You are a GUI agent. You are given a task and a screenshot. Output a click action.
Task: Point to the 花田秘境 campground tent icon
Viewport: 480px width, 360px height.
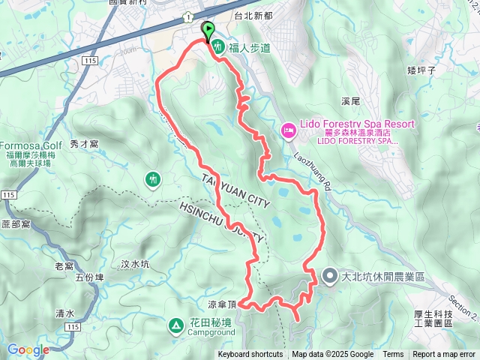(x=174, y=325)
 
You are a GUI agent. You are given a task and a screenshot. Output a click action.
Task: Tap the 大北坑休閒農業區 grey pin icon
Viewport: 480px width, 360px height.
(x=330, y=277)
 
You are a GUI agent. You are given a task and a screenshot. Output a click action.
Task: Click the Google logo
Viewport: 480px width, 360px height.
(x=28, y=349)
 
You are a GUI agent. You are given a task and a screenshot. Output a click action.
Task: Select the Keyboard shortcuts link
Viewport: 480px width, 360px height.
(x=250, y=355)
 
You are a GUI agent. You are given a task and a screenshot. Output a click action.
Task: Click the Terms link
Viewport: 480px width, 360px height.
(x=393, y=355)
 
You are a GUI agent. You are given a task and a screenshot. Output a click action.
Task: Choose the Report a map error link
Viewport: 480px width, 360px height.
(x=444, y=355)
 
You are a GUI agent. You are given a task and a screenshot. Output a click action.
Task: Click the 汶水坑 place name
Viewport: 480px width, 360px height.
(x=135, y=264)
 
